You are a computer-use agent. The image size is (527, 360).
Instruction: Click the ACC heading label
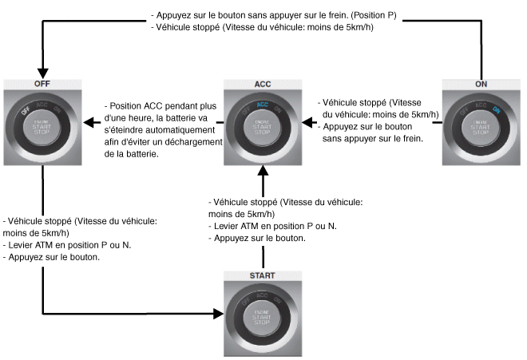(263, 83)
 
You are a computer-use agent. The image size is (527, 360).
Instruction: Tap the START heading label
(263, 275)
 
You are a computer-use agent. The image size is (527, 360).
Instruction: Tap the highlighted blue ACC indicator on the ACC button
(263, 104)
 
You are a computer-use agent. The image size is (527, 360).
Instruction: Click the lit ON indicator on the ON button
(497, 111)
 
